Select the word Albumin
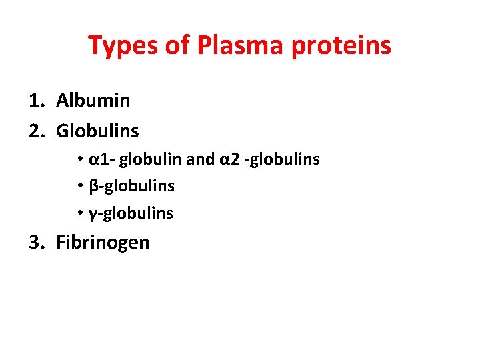click(x=93, y=101)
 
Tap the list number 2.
click(x=36, y=131)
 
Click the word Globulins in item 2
click(x=97, y=131)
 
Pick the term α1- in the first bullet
click(x=101, y=159)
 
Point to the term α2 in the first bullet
click(x=228, y=159)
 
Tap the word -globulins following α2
click(x=282, y=159)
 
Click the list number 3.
click(x=36, y=242)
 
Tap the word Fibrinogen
click(x=103, y=242)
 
